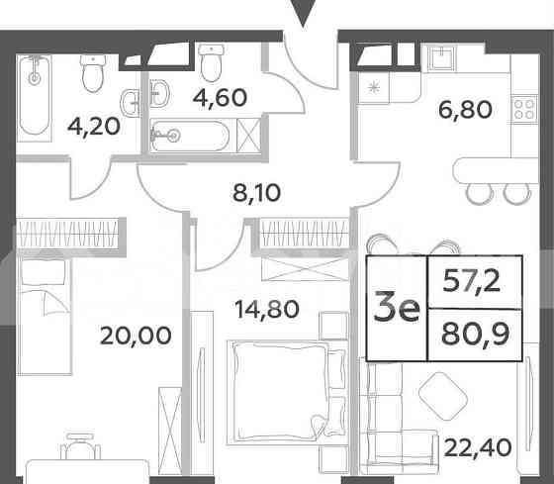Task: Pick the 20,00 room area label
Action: (x=136, y=335)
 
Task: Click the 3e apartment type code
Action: (x=396, y=308)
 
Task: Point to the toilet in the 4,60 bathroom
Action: (x=211, y=64)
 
